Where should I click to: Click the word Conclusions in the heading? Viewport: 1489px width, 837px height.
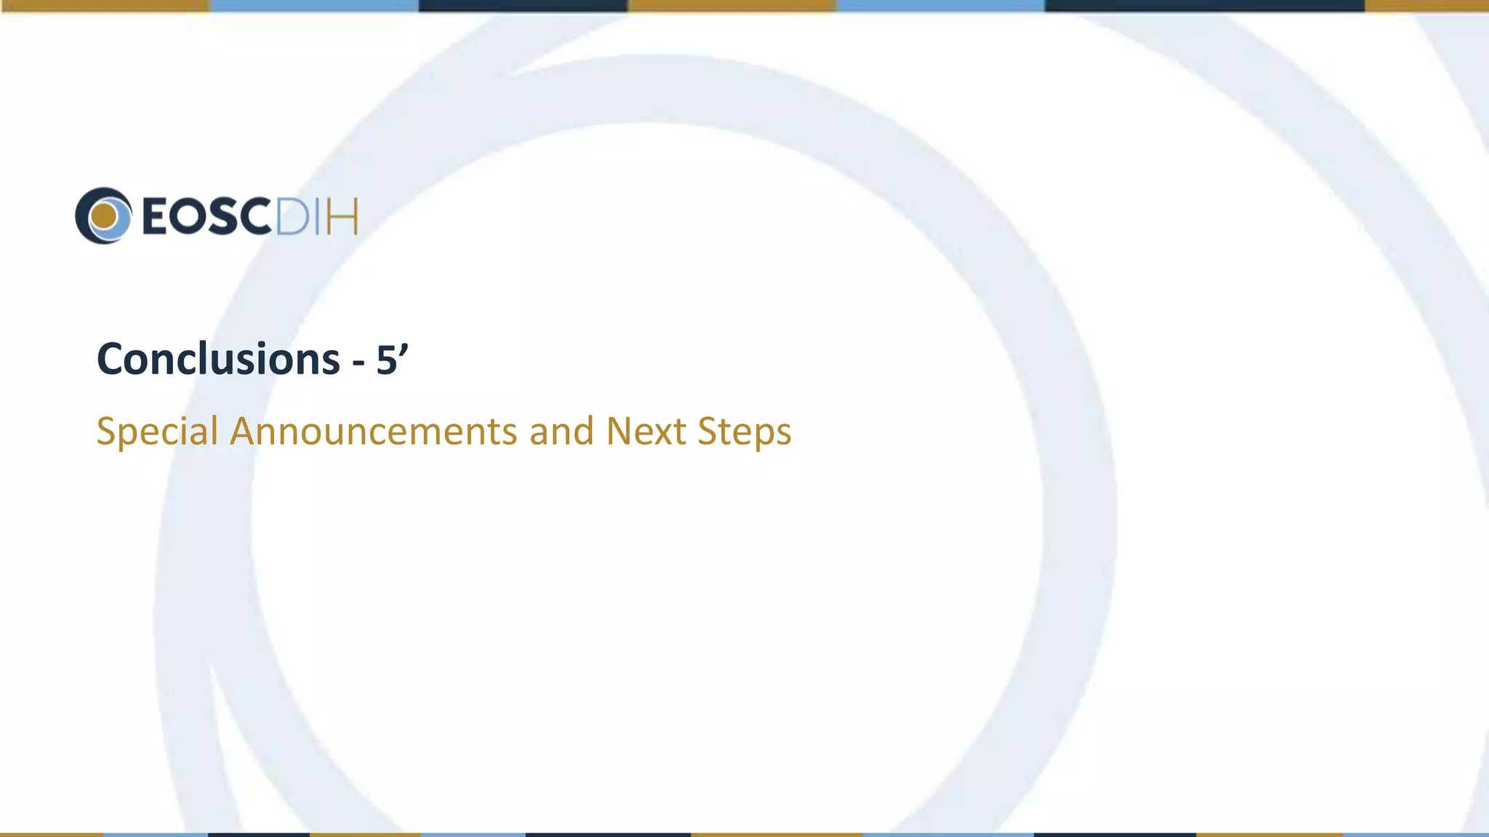tap(218, 360)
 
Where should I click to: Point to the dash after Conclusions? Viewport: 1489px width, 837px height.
tap(358, 362)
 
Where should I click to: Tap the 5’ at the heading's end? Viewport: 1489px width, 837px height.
tap(391, 359)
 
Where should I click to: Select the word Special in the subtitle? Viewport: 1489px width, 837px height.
tap(157, 432)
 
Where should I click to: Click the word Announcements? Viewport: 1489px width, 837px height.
tap(374, 431)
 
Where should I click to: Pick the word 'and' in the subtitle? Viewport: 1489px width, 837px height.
tap(561, 431)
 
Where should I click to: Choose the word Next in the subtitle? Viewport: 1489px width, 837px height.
tap(646, 431)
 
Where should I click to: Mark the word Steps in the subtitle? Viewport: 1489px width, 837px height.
tap(744, 432)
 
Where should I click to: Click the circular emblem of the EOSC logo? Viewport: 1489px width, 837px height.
tap(103, 216)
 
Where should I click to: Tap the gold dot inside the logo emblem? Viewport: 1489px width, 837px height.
tap(105, 216)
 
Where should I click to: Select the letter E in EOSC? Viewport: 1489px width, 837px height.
tap(156, 217)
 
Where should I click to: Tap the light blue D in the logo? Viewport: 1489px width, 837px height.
tap(293, 217)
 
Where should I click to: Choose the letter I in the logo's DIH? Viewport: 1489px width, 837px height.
tap(319, 217)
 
